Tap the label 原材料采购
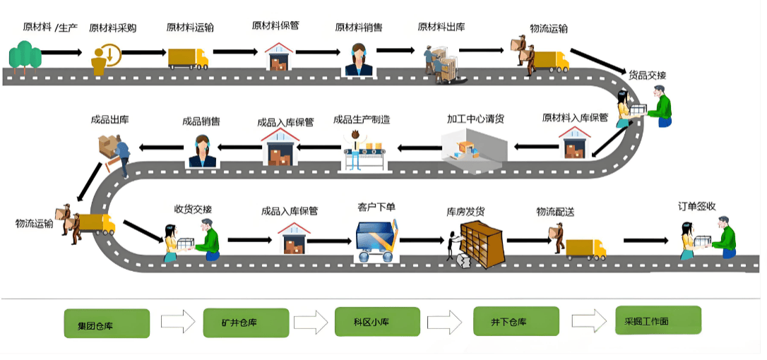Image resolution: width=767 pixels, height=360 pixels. [x=112, y=29]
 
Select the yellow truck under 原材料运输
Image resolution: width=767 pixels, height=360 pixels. [x=189, y=58]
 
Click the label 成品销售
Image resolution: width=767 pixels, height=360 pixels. [x=201, y=121]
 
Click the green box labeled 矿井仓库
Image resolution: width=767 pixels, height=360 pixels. [x=239, y=324]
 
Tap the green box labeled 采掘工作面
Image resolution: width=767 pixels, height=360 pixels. [x=658, y=320]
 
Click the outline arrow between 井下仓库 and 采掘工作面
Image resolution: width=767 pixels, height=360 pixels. [x=589, y=322]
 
